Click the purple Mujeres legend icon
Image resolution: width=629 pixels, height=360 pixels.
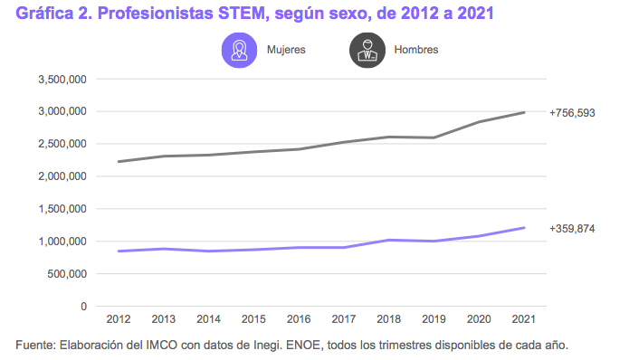[x=240, y=50]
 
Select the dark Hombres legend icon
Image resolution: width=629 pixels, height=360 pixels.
[x=367, y=50]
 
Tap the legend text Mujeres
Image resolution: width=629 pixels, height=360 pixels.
[x=286, y=50]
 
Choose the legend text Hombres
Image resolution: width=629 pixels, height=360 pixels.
[x=416, y=50]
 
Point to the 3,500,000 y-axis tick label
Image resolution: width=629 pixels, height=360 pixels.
[x=62, y=80]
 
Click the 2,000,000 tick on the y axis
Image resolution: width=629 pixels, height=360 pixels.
[x=62, y=176]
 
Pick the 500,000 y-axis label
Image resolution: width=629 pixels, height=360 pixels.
[x=67, y=274]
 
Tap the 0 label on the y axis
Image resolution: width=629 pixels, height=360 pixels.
[x=83, y=307]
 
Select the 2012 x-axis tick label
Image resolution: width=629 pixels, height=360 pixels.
[x=118, y=320]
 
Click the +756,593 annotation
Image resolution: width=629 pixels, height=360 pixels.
[x=572, y=113]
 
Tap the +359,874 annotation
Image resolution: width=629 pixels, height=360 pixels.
[x=572, y=229]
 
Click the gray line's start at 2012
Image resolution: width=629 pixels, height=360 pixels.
[x=118, y=162]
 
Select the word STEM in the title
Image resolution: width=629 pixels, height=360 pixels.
[x=232, y=14]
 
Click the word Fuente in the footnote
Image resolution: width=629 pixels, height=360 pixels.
[x=36, y=346]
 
